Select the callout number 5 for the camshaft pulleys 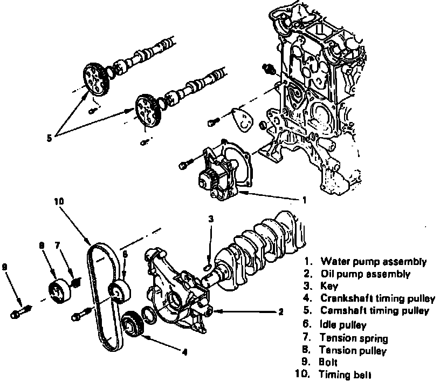coord(49,138)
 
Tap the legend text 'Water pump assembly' coord(373,262)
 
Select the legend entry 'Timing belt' coord(346,374)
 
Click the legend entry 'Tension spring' coord(353,338)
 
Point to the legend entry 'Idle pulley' coord(343,325)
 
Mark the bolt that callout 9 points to coord(21,312)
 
